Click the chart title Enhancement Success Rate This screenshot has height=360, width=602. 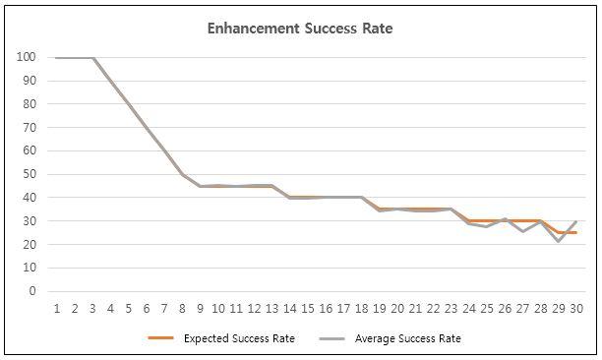300,29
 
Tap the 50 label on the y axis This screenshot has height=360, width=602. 30,174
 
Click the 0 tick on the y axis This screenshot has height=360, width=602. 32,291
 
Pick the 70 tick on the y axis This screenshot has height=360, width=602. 30,127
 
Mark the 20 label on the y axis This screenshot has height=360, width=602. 30,244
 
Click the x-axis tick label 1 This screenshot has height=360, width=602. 58,308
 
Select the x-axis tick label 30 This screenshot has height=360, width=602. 577,308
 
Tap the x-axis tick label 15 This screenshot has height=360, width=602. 309,308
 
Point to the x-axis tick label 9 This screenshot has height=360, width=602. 201,308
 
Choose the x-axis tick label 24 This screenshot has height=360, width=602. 470,308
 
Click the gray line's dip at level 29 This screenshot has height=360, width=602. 559,241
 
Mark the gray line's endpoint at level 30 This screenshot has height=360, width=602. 576,221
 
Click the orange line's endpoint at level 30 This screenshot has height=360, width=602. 576,233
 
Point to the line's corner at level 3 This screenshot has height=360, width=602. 93,58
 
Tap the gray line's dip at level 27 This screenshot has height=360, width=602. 523,231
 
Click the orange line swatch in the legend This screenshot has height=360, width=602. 163,338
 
